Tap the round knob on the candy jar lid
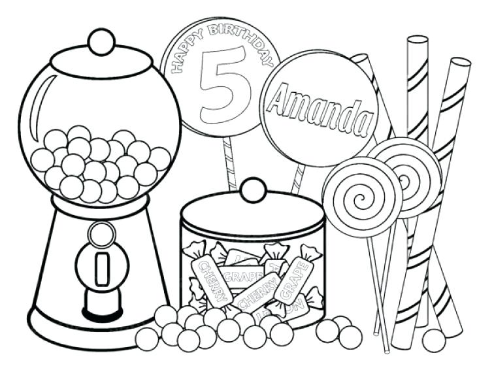pyautogui.click(x=252, y=190)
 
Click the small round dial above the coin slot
pyautogui.click(x=101, y=232)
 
